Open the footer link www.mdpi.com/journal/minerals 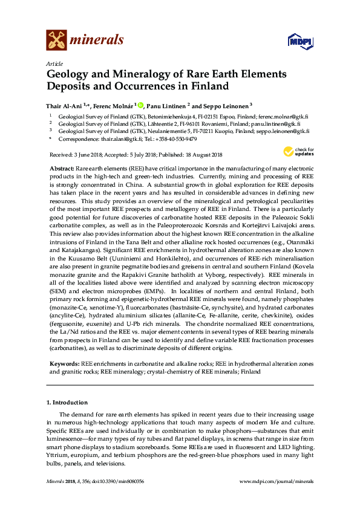[x=277, y=481]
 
